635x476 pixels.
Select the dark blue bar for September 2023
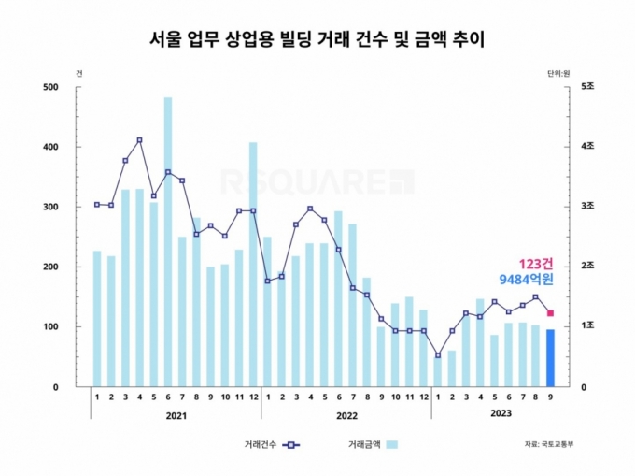[550, 357]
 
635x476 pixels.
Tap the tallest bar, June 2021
[168, 241]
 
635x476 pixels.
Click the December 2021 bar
[253, 264]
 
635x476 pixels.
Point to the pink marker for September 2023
[550, 313]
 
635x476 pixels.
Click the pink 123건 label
[537, 264]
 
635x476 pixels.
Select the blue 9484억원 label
[525, 279]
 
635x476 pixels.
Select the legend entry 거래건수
[261, 444]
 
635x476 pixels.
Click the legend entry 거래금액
[364, 444]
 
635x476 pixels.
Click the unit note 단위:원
[558, 73]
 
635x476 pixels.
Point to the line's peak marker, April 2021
[139, 140]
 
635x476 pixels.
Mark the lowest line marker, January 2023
[437, 355]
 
